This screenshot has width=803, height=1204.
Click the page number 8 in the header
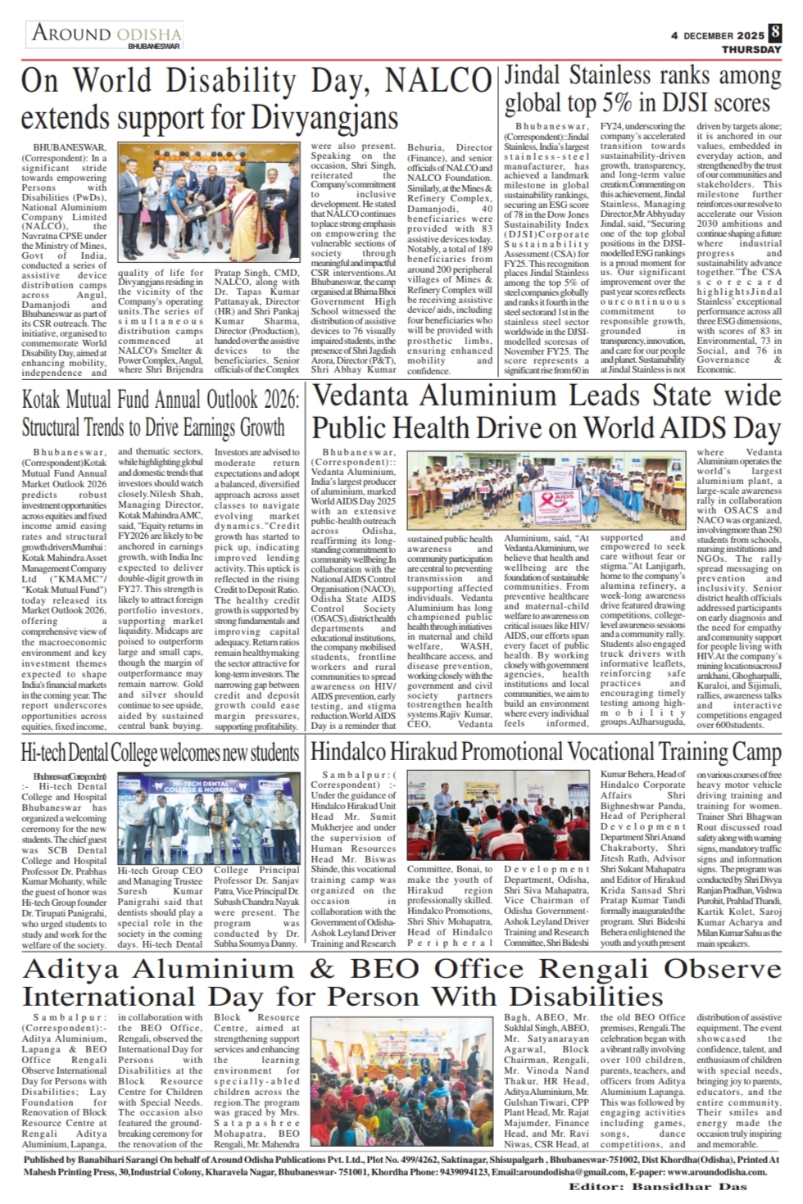click(775, 34)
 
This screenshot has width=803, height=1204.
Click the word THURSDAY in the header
click(751, 50)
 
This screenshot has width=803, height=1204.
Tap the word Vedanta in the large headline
click(365, 396)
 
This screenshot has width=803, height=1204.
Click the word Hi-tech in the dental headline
click(46, 752)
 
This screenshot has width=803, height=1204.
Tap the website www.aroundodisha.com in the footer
click(710, 1172)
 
